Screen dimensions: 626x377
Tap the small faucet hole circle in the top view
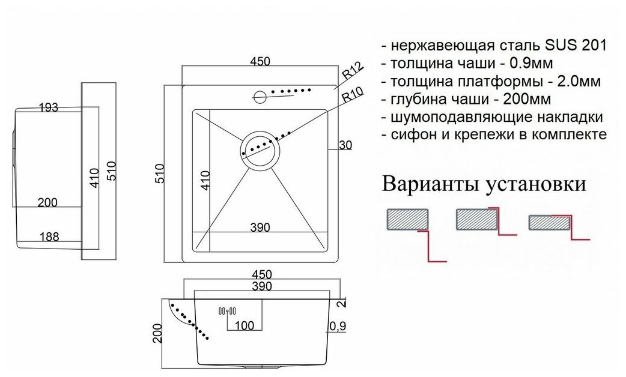tap(260, 95)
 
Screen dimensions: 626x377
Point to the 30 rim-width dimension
tap(345, 145)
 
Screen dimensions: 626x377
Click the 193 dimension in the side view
tap(48, 107)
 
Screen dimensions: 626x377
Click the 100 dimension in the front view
tap(243, 325)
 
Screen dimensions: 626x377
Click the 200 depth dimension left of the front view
tap(158, 332)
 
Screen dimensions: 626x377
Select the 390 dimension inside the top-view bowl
tap(259, 227)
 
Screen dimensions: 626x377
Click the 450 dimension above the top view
tap(259, 61)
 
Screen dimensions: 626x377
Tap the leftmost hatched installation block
tap(407, 219)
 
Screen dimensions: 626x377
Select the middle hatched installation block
tap(476, 219)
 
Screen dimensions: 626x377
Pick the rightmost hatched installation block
tap(548, 223)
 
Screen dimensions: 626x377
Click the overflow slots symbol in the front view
tap(227, 310)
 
